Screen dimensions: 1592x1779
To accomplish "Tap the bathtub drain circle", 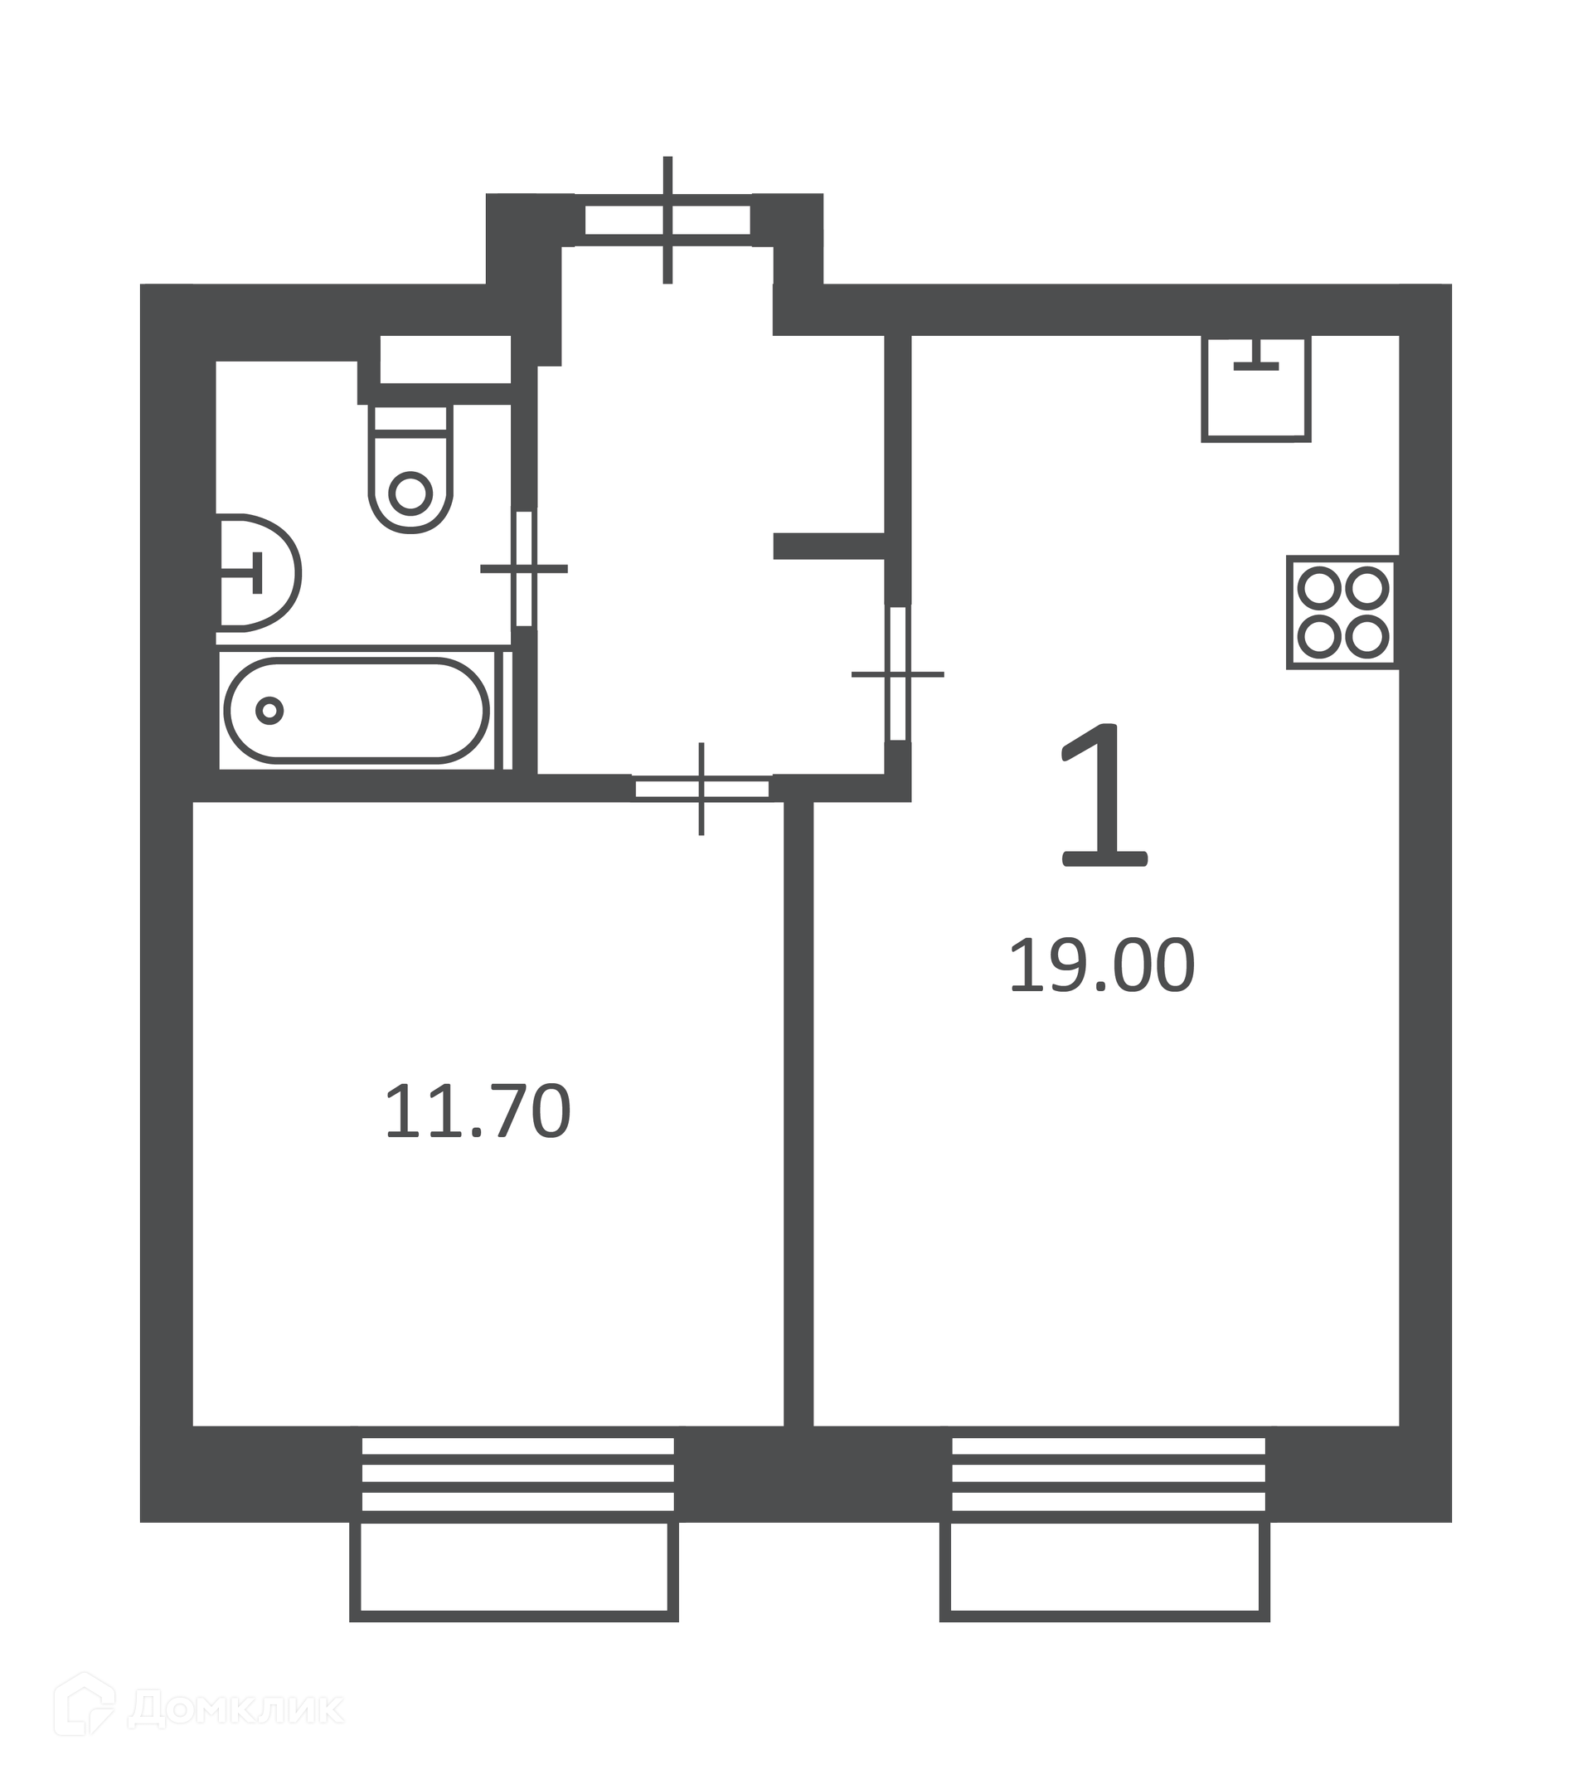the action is (269, 711).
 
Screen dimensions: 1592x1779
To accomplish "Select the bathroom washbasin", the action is (259, 573).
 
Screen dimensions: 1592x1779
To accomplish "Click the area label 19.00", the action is (1101, 965).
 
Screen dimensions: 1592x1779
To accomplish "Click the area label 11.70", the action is (478, 1111).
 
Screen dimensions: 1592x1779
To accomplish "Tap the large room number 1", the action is (1104, 796).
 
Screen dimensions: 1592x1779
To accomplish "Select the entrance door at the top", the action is (667, 221).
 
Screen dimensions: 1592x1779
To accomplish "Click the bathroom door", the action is (524, 569).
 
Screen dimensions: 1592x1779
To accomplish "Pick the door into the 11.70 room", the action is (701, 790).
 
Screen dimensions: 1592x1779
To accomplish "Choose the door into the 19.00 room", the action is (898, 673).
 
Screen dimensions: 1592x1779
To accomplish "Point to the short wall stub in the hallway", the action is (829, 546).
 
